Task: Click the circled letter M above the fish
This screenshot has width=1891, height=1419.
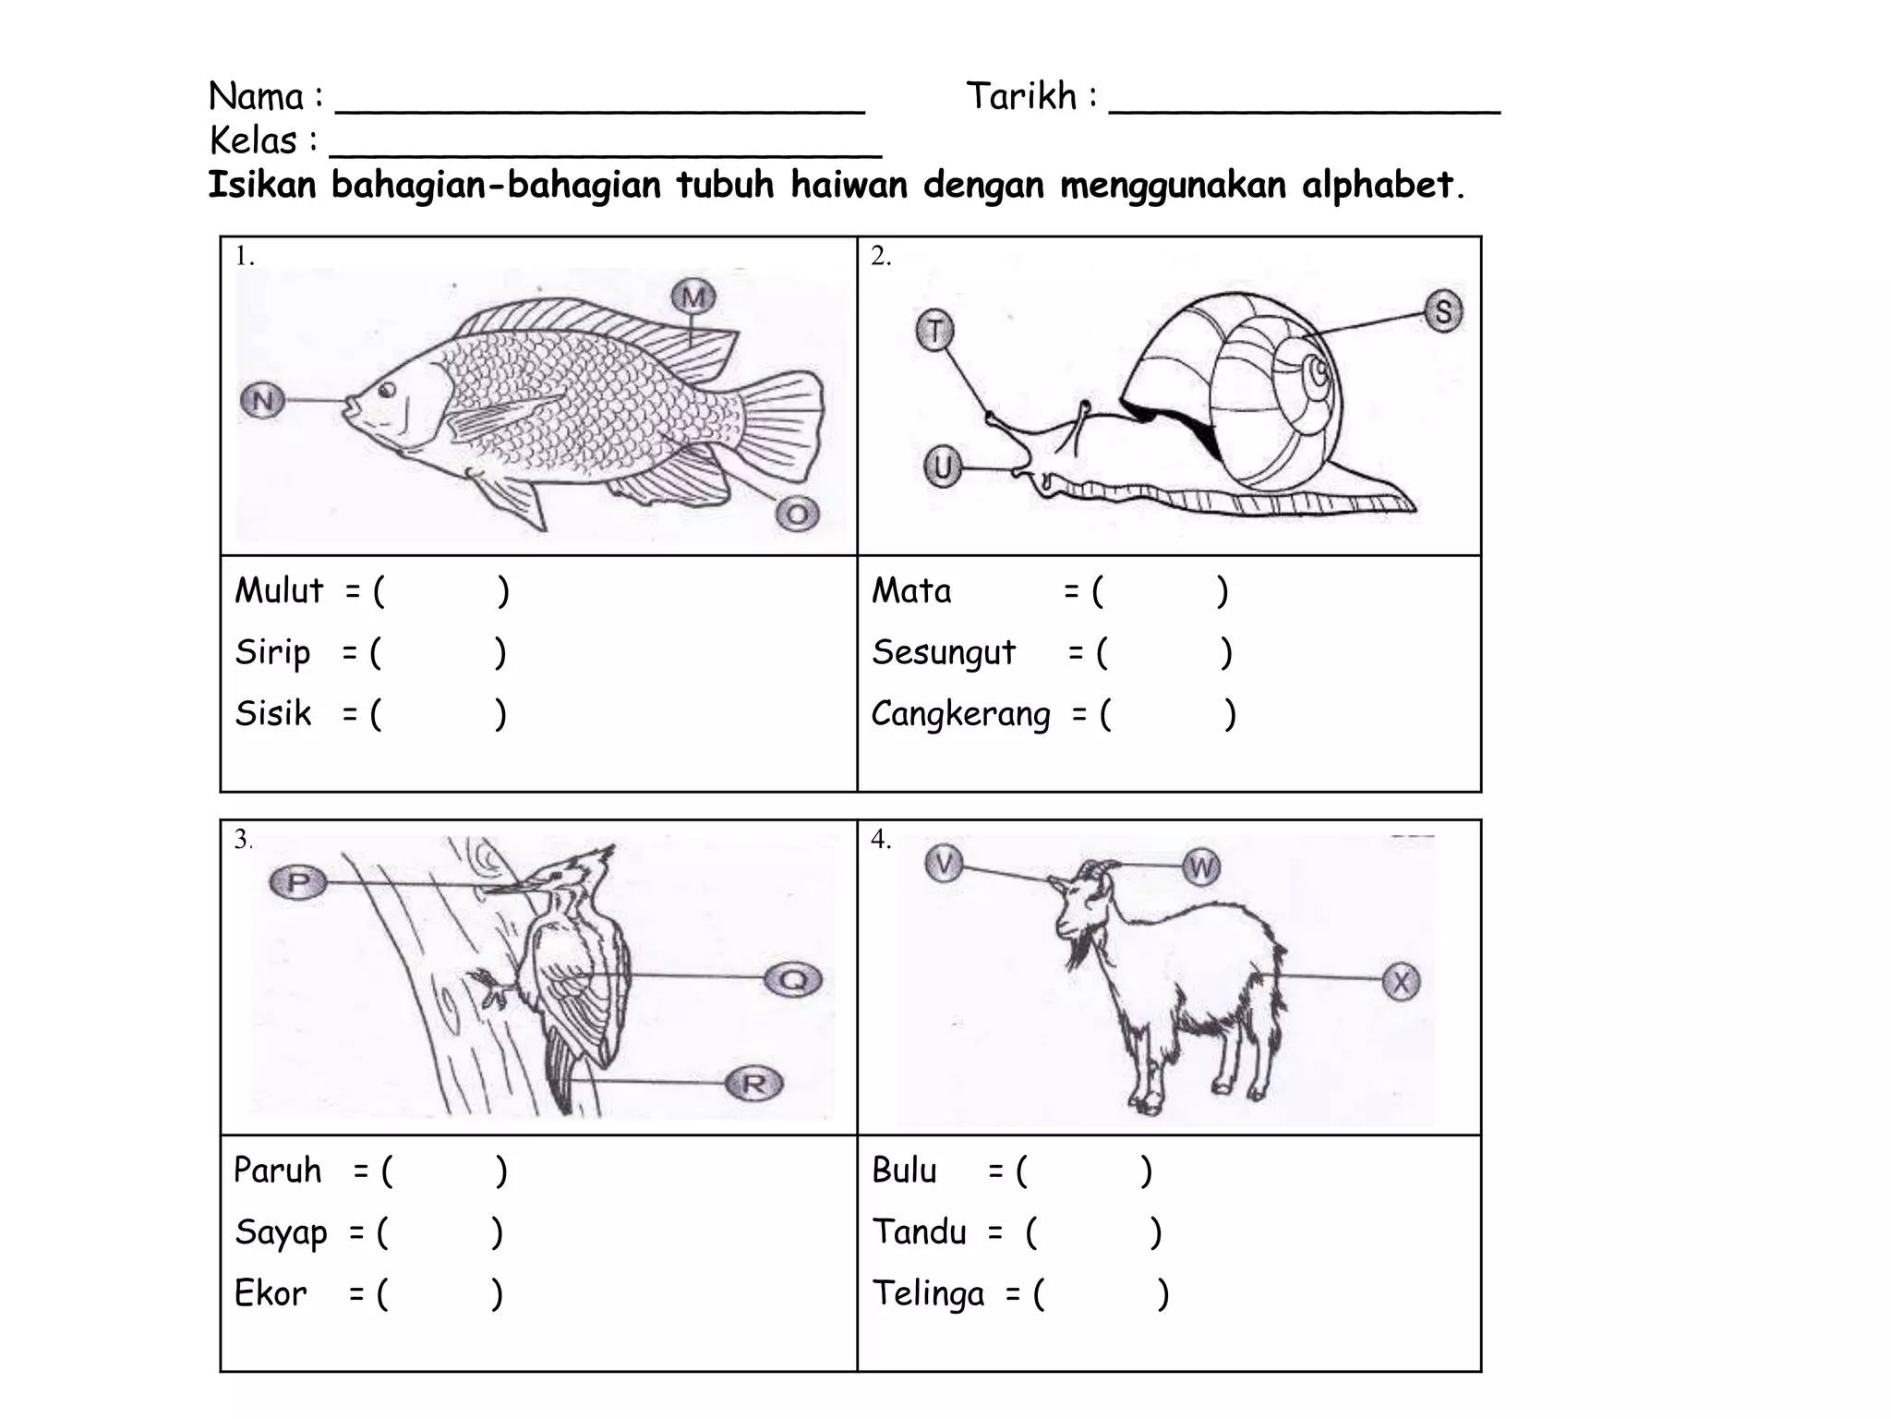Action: pos(693,297)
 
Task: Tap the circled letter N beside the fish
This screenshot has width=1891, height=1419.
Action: pos(262,401)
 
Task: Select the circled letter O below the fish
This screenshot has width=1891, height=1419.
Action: pos(797,514)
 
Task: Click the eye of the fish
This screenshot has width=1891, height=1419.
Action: pos(387,390)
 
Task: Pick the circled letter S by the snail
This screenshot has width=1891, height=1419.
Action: pos(1443,310)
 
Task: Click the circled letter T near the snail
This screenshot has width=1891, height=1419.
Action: pos(934,330)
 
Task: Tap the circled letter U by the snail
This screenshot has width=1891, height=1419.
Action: pos(943,467)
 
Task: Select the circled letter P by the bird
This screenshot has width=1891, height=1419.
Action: pos(297,882)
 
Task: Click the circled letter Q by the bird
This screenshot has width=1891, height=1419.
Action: pos(793,979)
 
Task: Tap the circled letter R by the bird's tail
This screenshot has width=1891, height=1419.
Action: pos(753,1084)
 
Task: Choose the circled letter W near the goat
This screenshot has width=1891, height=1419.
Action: pos(1201,867)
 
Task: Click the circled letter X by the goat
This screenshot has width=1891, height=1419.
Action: pos(1401,981)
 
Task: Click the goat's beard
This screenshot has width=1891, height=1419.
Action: pos(1077,952)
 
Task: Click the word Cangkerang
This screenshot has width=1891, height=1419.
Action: pos(960,714)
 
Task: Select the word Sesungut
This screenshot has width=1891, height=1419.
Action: pos(944,652)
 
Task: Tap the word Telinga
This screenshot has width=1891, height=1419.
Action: pos(928,1293)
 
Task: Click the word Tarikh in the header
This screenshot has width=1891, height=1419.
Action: pos(1021,96)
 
